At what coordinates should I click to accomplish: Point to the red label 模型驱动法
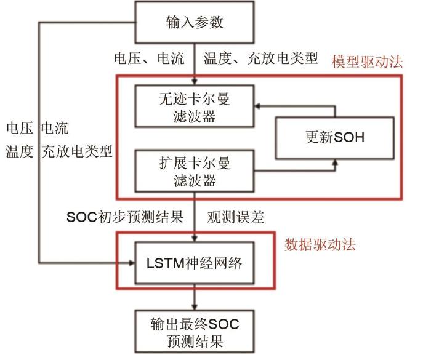[x=367, y=62]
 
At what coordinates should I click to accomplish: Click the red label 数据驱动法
[x=320, y=244]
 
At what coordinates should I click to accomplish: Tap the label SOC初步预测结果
[x=125, y=217]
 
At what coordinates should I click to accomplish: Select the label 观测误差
[x=236, y=217]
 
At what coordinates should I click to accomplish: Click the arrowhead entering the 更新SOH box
[x=335, y=162]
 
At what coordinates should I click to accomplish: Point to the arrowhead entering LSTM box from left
[x=132, y=263]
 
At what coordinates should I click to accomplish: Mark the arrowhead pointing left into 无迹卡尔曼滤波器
[x=257, y=106]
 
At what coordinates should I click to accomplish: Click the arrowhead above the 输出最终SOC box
[x=195, y=307]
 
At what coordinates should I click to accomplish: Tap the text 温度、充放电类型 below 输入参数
[x=260, y=58]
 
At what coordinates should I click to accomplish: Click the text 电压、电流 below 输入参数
[x=149, y=58]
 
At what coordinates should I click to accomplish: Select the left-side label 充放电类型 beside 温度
[x=77, y=151]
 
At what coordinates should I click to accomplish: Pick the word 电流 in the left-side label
[x=55, y=128]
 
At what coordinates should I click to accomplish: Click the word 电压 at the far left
[x=20, y=128]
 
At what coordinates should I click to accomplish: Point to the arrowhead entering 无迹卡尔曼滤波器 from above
[x=195, y=82]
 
